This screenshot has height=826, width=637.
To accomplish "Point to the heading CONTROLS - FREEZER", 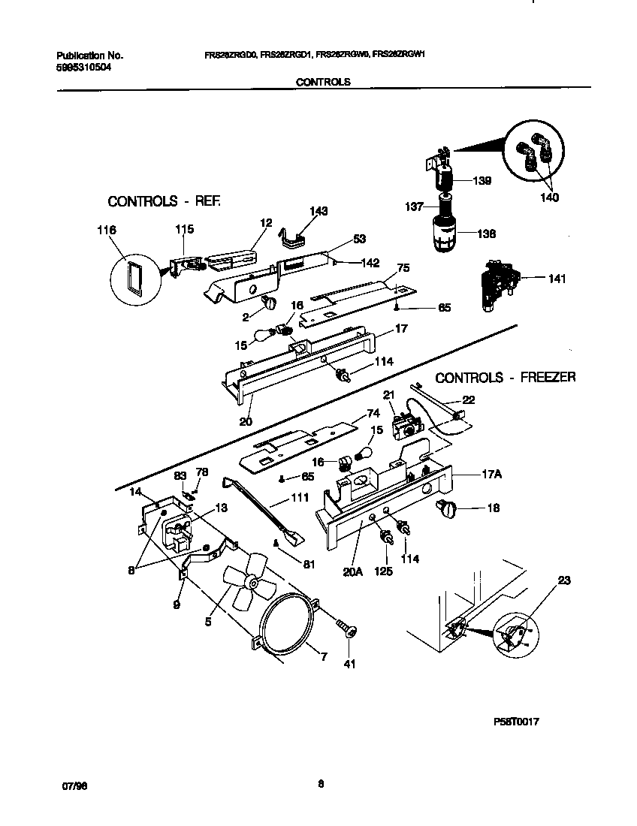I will [506, 377].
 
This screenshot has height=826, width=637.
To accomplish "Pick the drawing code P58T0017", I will [517, 722].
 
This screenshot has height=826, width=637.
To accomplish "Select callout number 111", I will [279, 499].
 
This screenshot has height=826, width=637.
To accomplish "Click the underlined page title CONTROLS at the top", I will [323, 83].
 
